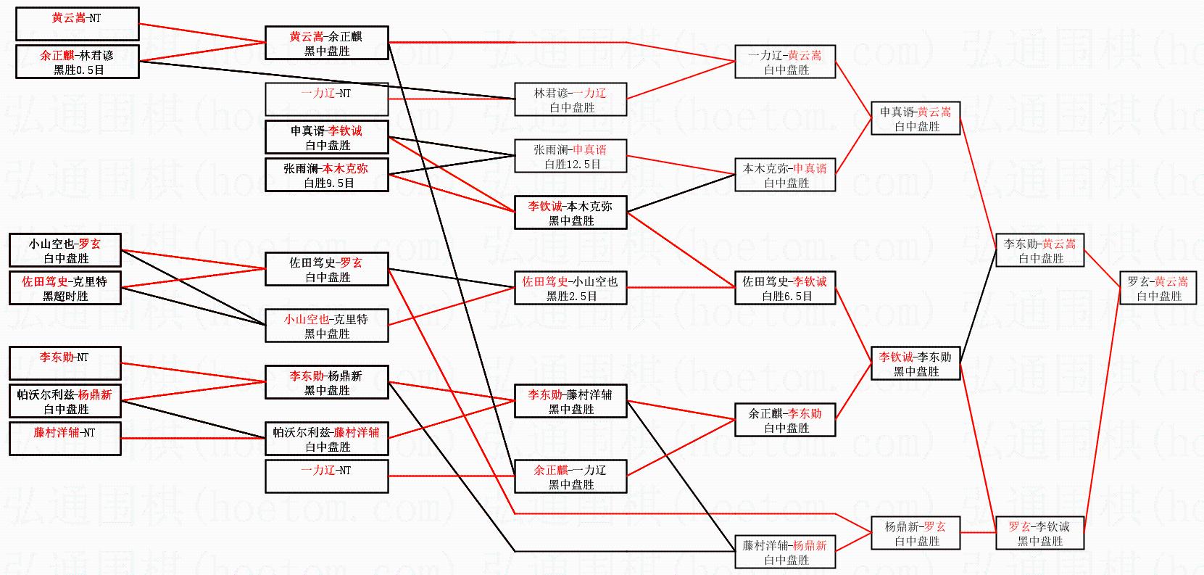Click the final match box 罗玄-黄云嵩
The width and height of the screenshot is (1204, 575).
click(1158, 288)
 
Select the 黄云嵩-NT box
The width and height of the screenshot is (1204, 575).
click(77, 23)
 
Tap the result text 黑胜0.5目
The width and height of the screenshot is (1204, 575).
click(77, 70)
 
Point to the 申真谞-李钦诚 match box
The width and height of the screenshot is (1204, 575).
click(326, 138)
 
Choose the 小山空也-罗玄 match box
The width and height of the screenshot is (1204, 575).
click(65, 250)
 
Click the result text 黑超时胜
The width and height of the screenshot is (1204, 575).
click(65, 296)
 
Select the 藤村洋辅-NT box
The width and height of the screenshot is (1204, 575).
click(65, 439)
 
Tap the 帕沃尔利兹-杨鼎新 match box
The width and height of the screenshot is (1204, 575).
click(65, 401)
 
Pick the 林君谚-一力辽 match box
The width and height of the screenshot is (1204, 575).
click(570, 99)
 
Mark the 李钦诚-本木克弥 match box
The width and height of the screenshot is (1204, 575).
click(570, 212)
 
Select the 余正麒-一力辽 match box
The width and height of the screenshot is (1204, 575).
click(570, 476)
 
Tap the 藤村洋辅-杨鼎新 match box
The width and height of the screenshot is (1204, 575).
click(785, 552)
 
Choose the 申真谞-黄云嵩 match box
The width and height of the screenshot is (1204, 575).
click(916, 118)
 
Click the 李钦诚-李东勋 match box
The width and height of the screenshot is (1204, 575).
click(916, 363)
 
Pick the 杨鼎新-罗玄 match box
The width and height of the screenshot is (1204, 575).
click(916, 533)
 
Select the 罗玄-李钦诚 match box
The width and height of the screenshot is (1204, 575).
click(1039, 533)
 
